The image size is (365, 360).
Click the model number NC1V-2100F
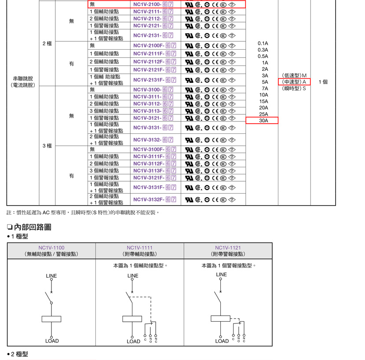click(x=149, y=45)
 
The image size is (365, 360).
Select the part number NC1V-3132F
click(x=149, y=199)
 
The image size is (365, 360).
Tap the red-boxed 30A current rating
click(x=263, y=121)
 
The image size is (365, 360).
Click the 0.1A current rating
click(x=263, y=43)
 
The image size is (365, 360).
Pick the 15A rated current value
click(x=263, y=101)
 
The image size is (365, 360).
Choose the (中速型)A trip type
click(x=294, y=82)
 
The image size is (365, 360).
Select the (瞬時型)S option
click(x=294, y=88)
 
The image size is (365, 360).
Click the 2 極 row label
click(x=47, y=44)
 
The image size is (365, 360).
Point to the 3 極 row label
click(x=47, y=146)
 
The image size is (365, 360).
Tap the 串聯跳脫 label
click(x=23, y=78)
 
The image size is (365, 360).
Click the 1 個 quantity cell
click(x=323, y=82)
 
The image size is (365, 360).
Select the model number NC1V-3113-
click(x=147, y=111)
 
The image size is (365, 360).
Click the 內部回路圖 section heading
click(x=33, y=227)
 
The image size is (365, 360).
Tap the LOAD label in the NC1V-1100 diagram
click(x=52, y=341)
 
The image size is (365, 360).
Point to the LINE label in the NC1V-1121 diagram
click(x=221, y=275)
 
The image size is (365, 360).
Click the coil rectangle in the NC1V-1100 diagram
click(x=51, y=319)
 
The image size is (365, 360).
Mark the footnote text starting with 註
click(x=83, y=213)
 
